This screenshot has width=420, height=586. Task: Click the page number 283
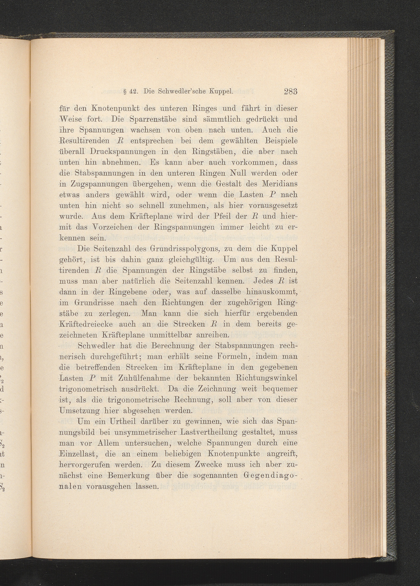pos(291,92)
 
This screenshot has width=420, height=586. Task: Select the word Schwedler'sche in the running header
pos(180,92)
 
